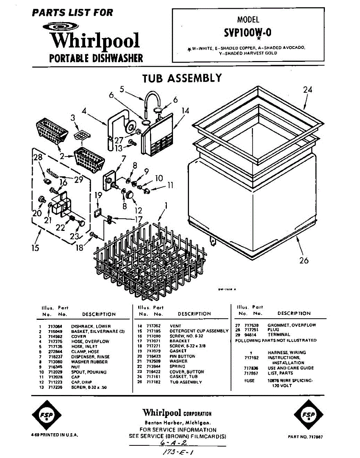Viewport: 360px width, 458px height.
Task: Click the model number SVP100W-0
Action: pos(248,33)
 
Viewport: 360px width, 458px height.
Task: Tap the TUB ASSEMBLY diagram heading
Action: pos(182,78)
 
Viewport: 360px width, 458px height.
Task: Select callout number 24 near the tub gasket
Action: pos(308,90)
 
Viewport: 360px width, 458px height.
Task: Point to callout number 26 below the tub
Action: pos(304,261)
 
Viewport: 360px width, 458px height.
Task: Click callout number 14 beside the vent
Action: pos(185,111)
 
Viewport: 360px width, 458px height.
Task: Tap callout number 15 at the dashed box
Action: pos(35,248)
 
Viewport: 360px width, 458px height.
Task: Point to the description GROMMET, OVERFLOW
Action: pos(292,325)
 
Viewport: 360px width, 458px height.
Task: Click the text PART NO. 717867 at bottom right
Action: pos(305,436)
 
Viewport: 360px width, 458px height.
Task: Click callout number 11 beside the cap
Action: pos(170,185)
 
